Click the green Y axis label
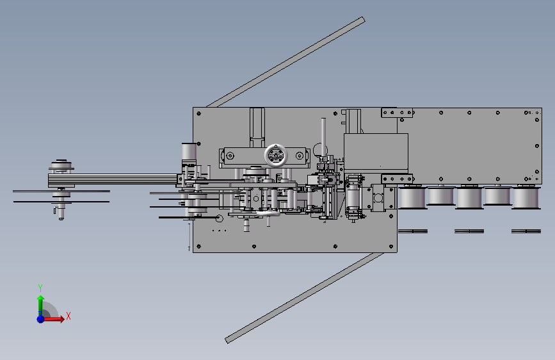tap(40, 288)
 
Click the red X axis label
tap(68, 316)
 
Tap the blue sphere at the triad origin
tap(41, 319)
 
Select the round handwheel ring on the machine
tap(276, 155)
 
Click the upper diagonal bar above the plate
tap(286, 62)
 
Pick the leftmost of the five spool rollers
tap(412, 197)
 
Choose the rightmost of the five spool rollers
tap(526, 197)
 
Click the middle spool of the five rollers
tap(469, 197)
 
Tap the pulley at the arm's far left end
tap(61, 166)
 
